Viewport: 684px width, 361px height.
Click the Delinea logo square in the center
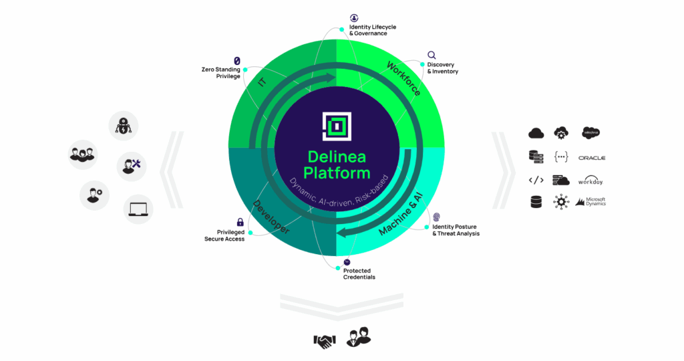coord(337,126)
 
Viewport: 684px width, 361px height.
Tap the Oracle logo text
coord(592,158)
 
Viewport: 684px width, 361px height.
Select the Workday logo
coord(590,180)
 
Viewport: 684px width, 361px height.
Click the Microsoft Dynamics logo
coord(590,202)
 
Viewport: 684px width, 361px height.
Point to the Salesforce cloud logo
coord(590,132)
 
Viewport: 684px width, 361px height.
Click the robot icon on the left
coord(124,126)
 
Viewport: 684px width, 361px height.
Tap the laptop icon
coord(138,209)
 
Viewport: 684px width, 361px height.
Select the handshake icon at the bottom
coord(325,341)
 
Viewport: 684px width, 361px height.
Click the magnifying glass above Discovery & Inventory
coord(432,55)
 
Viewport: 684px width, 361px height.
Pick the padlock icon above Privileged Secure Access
coord(240,222)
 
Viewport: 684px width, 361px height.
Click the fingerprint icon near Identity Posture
coord(436,217)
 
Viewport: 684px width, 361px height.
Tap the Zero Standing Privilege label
coord(220,73)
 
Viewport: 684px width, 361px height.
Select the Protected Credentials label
coord(359,273)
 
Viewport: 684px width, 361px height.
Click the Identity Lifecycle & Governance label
coord(373,30)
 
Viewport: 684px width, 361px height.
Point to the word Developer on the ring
coord(271,217)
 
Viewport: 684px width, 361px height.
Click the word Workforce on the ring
coord(403,79)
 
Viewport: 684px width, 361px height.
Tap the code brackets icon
coord(536,180)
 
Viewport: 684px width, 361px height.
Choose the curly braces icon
coord(561,156)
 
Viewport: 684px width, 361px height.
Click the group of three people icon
coord(82,154)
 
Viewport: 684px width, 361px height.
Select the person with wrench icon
coord(132,166)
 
